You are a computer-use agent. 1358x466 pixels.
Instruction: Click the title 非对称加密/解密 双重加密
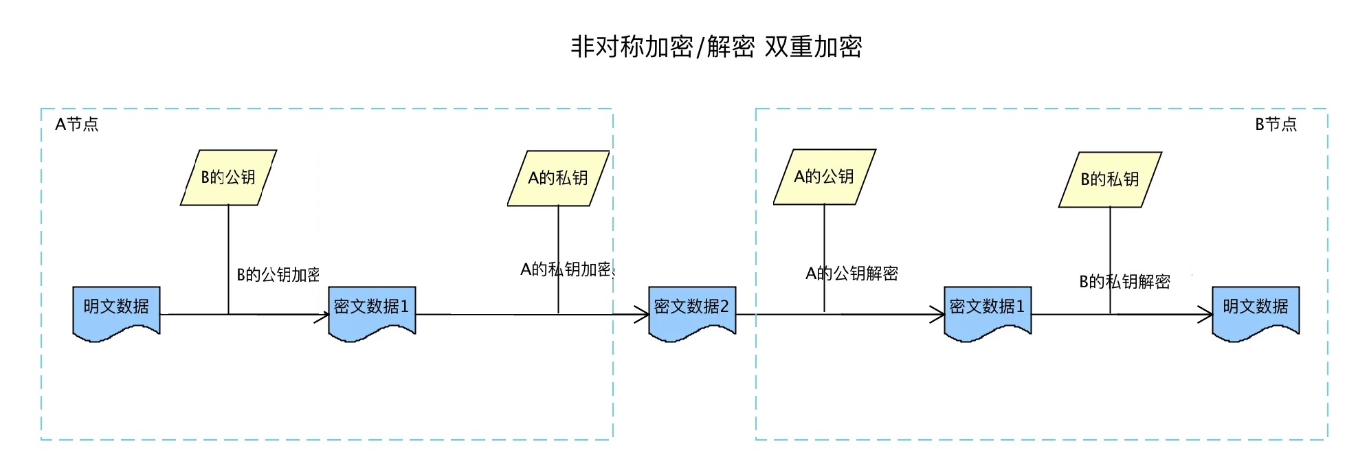click(x=716, y=47)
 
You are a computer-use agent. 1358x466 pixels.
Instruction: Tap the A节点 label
click(x=77, y=124)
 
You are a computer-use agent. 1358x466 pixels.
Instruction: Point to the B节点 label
click(x=1276, y=124)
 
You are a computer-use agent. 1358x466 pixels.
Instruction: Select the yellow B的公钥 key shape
click(x=228, y=177)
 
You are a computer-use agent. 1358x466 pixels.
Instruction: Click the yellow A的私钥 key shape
click(x=558, y=178)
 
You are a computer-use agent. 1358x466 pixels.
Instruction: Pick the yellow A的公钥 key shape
click(x=824, y=177)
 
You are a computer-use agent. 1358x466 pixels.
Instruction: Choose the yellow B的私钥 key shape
click(x=1110, y=179)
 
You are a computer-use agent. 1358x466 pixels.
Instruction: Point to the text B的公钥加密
click(x=278, y=275)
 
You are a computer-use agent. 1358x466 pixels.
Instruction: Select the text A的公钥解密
click(x=852, y=274)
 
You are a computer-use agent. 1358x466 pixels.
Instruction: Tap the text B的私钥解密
click(x=1125, y=282)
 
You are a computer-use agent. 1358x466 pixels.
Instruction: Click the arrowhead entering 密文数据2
click(x=643, y=315)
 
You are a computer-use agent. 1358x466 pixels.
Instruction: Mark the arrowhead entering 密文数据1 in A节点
click(x=323, y=315)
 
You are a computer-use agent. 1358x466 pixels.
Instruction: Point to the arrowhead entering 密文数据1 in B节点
click(x=938, y=315)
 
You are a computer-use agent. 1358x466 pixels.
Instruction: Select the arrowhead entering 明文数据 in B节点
click(x=1206, y=315)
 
